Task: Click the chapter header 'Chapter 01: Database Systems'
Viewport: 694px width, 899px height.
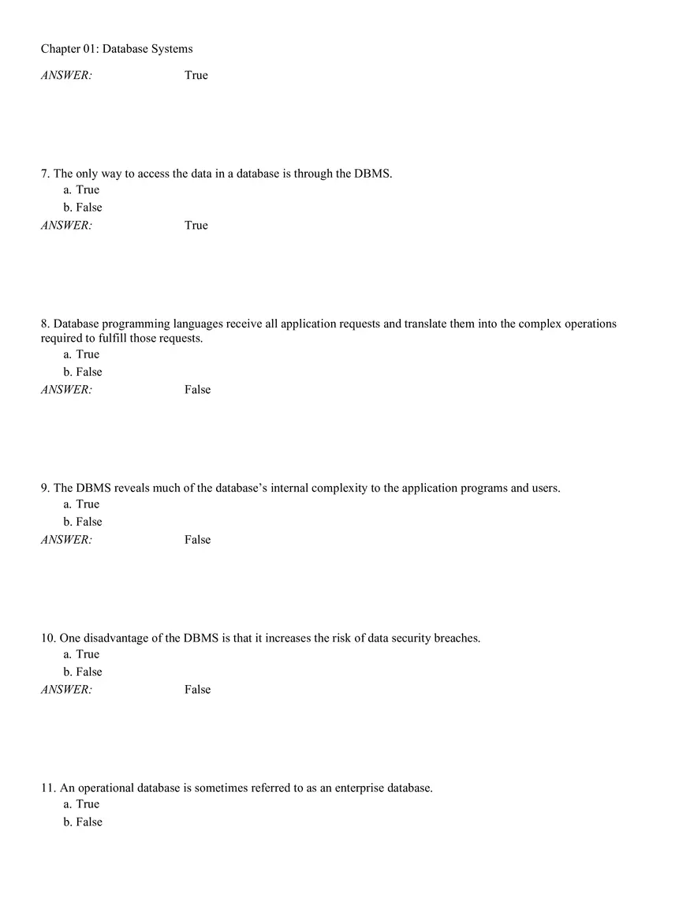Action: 117,49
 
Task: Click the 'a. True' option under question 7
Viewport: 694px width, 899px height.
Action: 81,189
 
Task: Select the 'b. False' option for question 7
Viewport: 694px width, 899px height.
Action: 82,208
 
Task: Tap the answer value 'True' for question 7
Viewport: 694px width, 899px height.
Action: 196,226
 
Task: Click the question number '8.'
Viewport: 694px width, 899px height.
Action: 46,324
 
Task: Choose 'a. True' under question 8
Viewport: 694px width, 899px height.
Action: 81,354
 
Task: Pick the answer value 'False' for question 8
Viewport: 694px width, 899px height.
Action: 198,390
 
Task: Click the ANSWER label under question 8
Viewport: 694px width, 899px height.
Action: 66,390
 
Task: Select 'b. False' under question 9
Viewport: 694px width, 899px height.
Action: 82,522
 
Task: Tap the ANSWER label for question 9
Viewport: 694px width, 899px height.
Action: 66,540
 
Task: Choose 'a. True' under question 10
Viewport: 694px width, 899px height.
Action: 81,654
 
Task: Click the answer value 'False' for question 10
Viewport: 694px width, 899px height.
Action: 198,690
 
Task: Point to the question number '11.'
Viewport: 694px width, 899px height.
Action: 48,788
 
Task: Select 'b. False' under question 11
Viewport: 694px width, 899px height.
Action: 82,822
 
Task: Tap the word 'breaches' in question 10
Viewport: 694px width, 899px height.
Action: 457,639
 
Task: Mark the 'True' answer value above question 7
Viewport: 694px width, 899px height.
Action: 196,76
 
